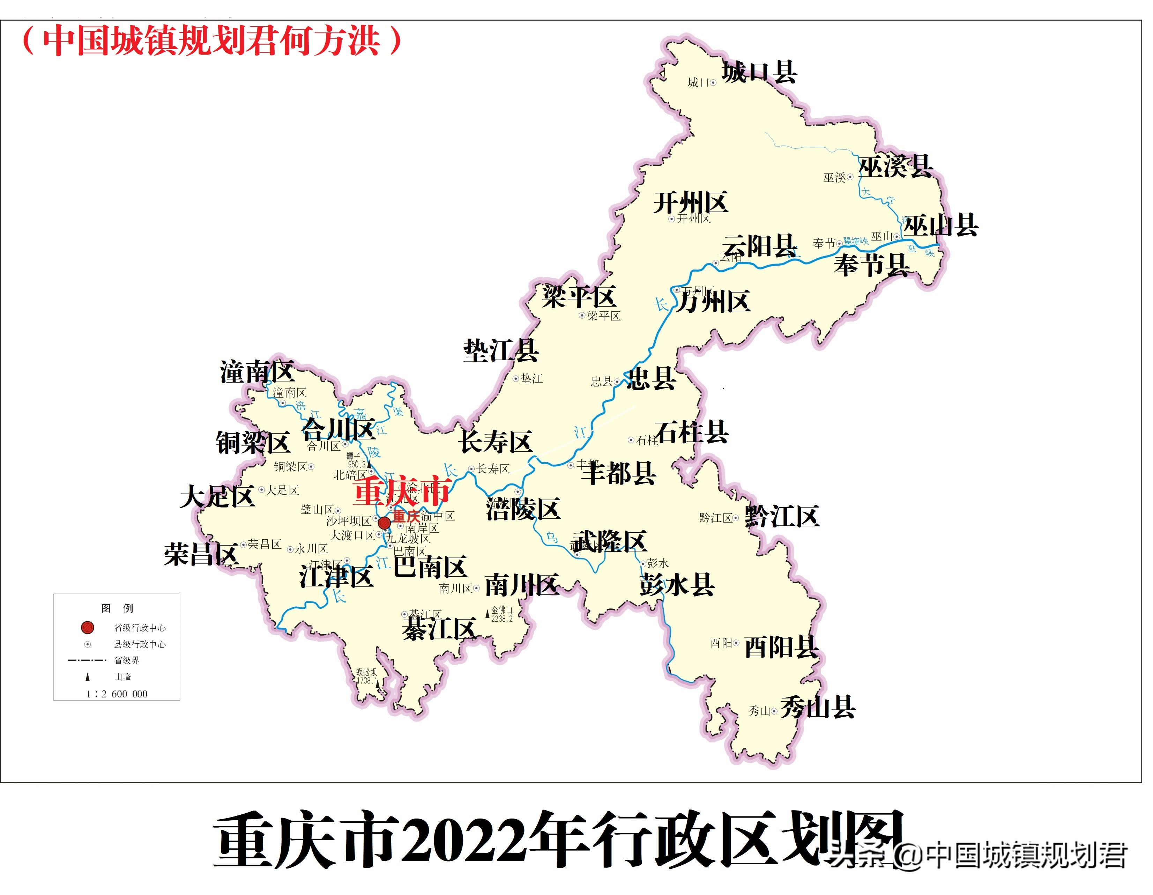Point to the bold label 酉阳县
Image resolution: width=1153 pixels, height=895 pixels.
pos(781,647)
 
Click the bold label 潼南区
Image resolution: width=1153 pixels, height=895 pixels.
pos(257,372)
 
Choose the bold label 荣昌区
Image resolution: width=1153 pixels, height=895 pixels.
pos(201,554)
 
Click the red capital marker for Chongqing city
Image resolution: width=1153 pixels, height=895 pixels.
pos(384,523)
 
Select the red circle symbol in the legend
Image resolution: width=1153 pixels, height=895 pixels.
pos(88,627)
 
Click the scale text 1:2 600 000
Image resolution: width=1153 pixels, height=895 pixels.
pos(117,694)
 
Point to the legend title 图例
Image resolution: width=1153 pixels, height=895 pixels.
pos(117,608)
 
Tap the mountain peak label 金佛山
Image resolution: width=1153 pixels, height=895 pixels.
pos(501,610)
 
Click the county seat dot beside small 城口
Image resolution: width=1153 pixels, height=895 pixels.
pos(713,83)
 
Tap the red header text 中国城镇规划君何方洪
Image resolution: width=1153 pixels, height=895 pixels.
pos(211,41)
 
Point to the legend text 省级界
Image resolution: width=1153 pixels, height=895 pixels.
pos(127,660)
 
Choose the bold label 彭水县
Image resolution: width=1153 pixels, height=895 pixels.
pos(677,585)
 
